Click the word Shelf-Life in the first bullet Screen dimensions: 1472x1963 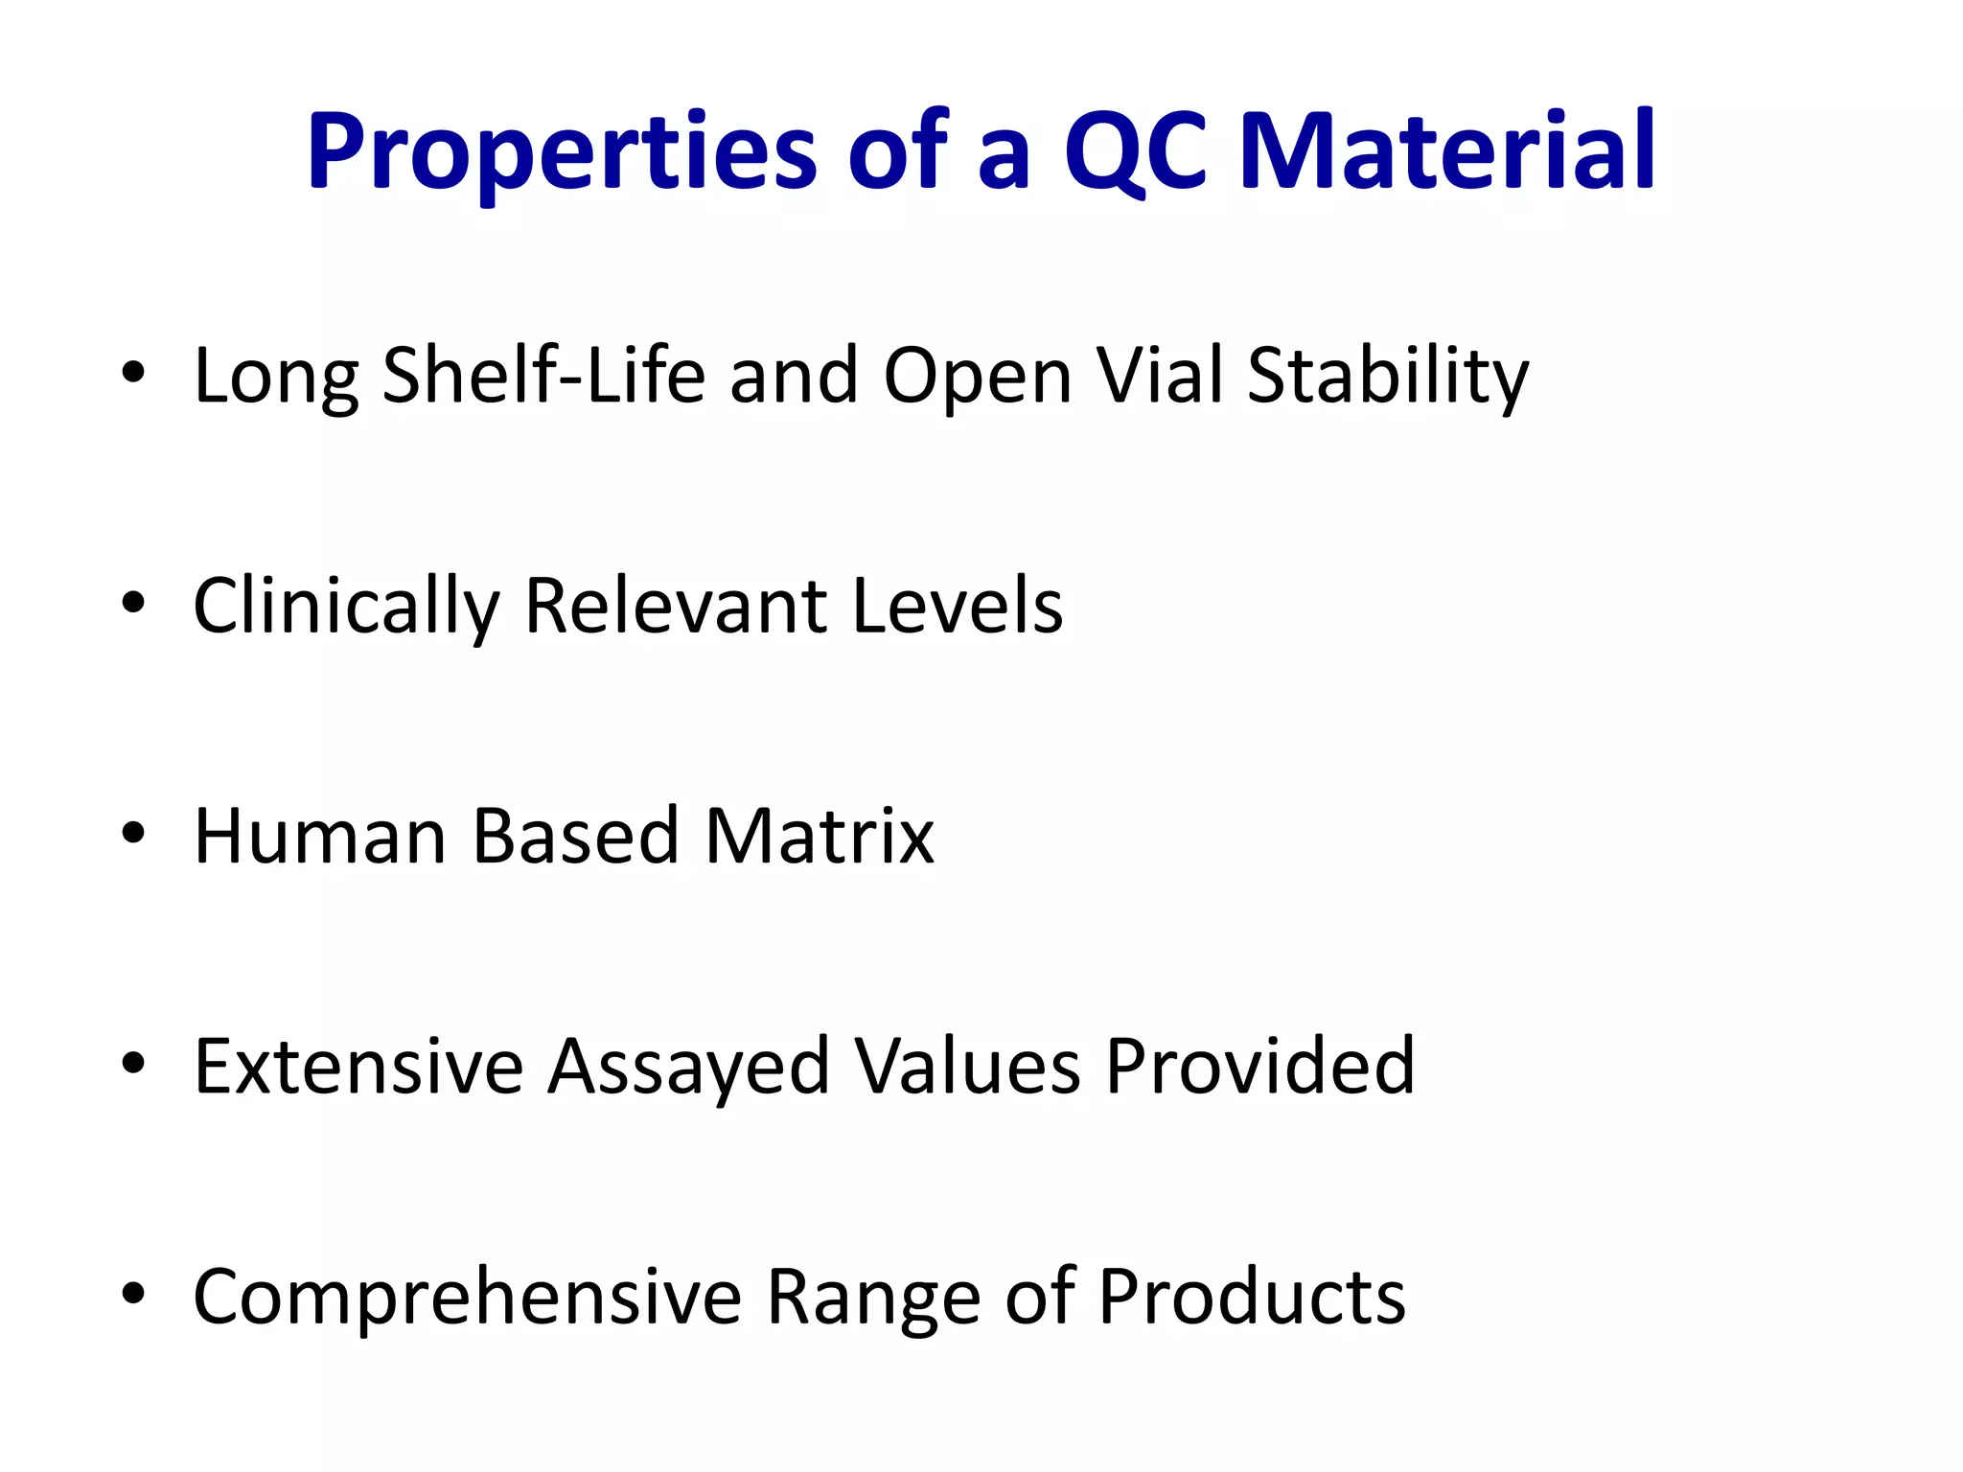(543, 376)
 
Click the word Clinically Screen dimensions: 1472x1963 (346, 608)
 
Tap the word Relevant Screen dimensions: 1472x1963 (676, 606)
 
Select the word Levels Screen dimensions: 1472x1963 (957, 606)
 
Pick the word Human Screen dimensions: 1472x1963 (320, 837)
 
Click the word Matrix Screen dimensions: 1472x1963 (819, 837)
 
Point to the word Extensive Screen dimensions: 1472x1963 (358, 1067)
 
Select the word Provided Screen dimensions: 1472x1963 (1259, 1067)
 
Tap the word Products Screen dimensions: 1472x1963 (1251, 1297)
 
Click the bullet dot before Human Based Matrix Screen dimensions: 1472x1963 (133, 833)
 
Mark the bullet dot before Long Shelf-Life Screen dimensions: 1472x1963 (133, 372)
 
